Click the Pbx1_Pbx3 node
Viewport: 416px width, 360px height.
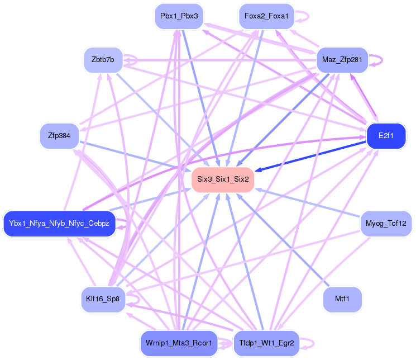click(179, 16)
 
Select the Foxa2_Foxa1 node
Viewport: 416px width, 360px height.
click(266, 16)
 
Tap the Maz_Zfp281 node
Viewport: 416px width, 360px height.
click(342, 59)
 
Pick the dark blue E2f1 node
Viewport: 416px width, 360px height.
click(386, 136)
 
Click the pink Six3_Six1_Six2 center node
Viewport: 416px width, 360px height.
click(223, 179)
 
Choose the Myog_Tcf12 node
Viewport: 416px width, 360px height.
click(386, 224)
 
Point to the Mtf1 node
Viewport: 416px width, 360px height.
click(342, 299)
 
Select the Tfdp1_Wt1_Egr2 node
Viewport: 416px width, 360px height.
click(266, 343)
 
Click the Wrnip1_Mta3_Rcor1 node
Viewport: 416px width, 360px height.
click(179, 343)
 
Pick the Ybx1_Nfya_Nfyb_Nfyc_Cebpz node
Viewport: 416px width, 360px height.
click(59, 224)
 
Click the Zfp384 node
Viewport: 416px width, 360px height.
click(59, 136)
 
